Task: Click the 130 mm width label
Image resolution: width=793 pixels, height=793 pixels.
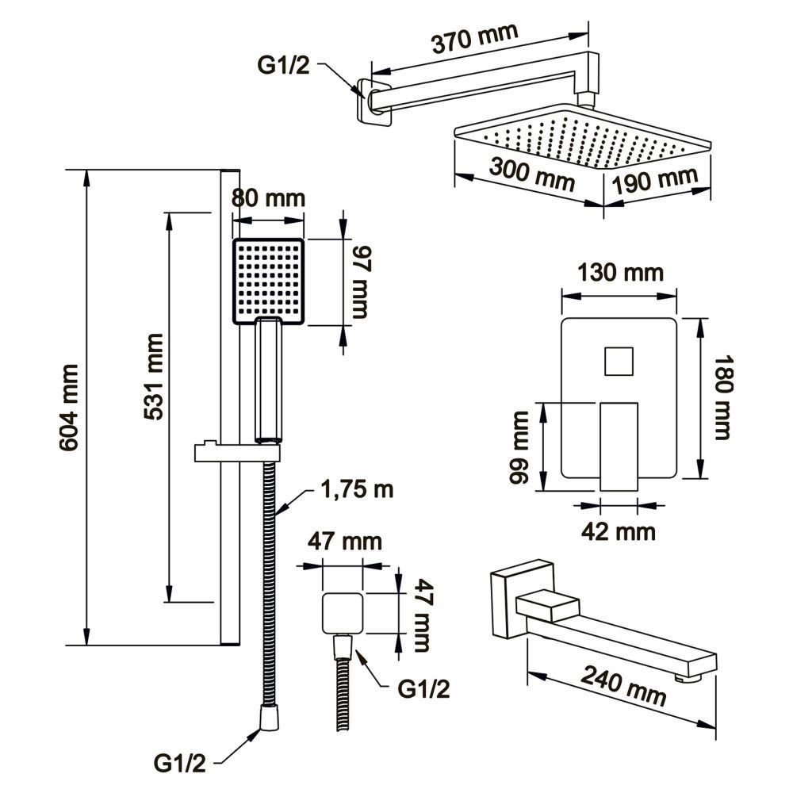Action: click(620, 274)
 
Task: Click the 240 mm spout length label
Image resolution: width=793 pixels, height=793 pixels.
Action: click(623, 684)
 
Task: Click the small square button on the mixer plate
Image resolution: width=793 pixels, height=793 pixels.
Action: click(619, 361)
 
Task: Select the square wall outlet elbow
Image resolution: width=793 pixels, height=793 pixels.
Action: click(342, 613)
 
